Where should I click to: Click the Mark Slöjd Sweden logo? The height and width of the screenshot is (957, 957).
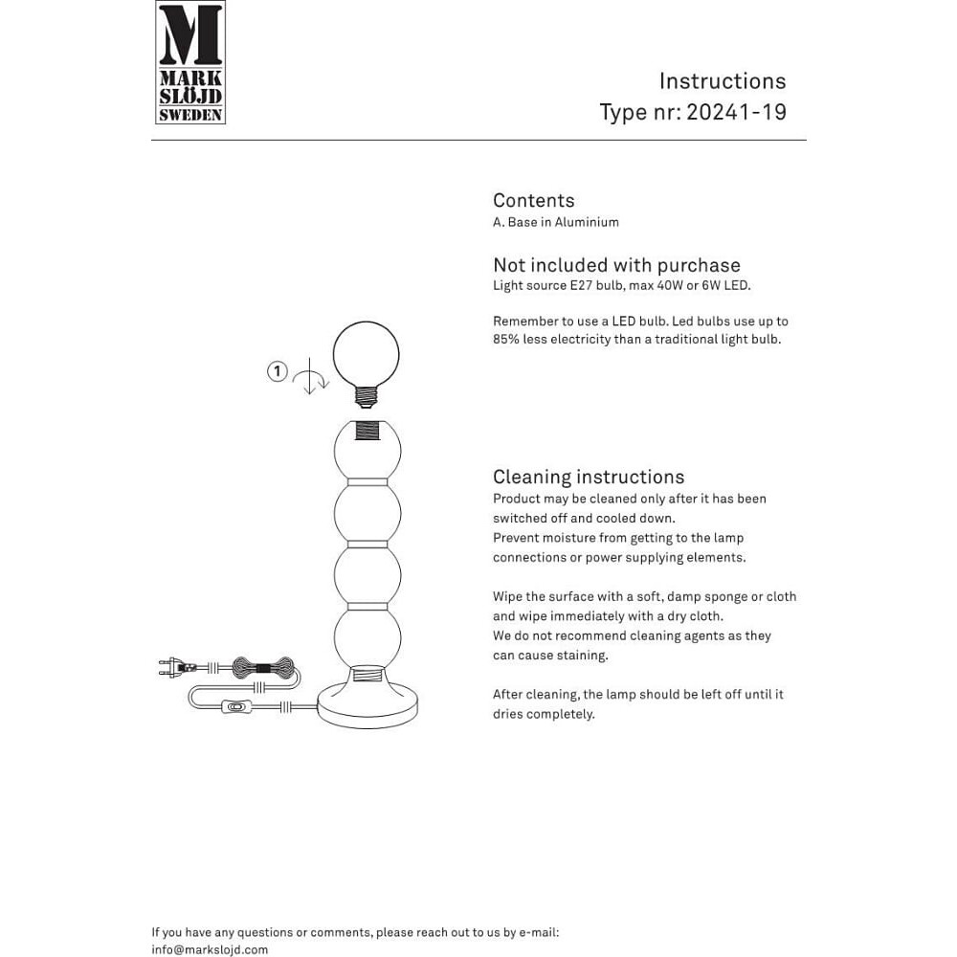pyautogui.click(x=190, y=62)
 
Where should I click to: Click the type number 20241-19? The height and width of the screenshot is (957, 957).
pyautogui.click(x=736, y=112)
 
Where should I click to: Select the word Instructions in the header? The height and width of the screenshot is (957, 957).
pyautogui.click(x=723, y=81)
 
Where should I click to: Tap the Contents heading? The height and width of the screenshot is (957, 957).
pyautogui.click(x=533, y=200)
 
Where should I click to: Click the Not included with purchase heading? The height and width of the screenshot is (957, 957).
pyautogui.click(x=616, y=265)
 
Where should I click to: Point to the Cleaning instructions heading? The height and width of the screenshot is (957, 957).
pyautogui.click(x=588, y=477)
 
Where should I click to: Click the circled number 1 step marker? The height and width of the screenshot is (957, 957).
pyautogui.click(x=277, y=370)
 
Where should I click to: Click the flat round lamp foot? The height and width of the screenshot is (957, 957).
pyautogui.click(x=368, y=706)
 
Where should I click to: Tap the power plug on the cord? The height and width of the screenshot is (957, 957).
pyautogui.click(x=173, y=666)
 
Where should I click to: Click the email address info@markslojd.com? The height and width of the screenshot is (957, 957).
pyautogui.click(x=210, y=950)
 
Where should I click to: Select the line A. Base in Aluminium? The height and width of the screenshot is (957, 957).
pyautogui.click(x=555, y=222)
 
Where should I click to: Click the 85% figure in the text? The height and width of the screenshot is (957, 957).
pyautogui.click(x=508, y=340)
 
